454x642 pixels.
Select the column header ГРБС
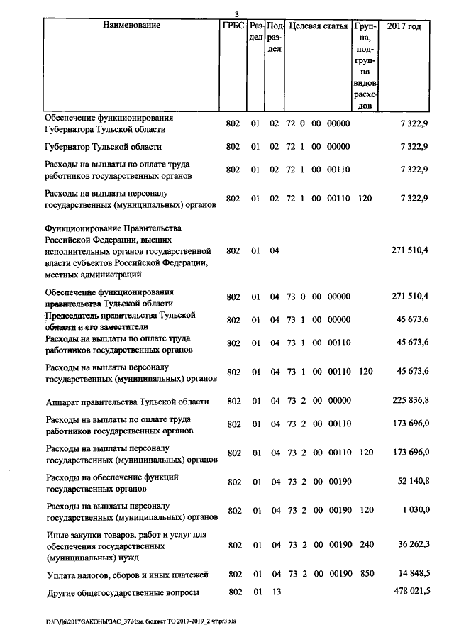(233, 26)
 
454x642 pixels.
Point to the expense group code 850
(365, 574)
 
